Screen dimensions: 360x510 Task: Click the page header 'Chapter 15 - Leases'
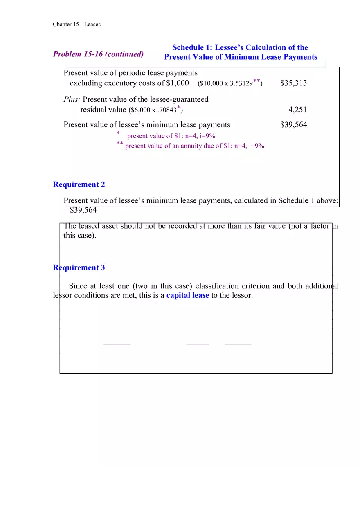76,24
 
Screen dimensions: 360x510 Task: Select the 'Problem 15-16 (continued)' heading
98,54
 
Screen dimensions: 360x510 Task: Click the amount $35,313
293,83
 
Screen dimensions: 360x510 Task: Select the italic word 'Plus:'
72,99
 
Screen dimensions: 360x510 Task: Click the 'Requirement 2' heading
79,184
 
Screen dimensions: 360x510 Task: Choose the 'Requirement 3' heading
79,267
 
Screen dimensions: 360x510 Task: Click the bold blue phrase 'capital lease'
187,295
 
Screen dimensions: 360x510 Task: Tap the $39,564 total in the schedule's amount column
293,125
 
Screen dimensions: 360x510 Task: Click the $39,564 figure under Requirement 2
83,210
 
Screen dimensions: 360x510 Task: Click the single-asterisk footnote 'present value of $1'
171,136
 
